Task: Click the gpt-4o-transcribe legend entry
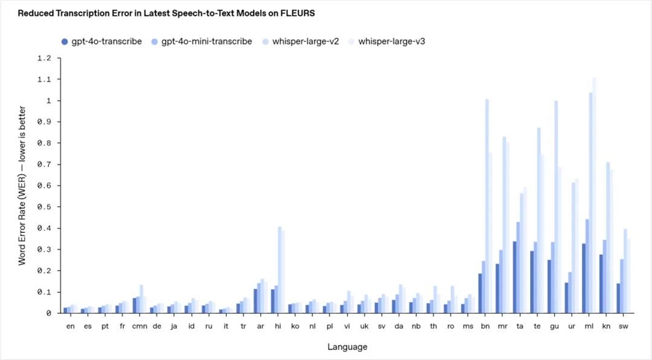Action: coord(100,42)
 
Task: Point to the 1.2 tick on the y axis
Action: coord(44,58)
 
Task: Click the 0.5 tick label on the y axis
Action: coord(44,207)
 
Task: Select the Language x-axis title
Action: coord(348,346)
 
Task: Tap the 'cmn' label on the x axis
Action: coord(140,325)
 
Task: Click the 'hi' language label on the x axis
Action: coord(278,325)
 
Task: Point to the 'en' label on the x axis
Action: coord(70,325)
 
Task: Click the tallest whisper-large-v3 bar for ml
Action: coord(594,196)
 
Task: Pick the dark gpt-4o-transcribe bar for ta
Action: coord(515,277)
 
